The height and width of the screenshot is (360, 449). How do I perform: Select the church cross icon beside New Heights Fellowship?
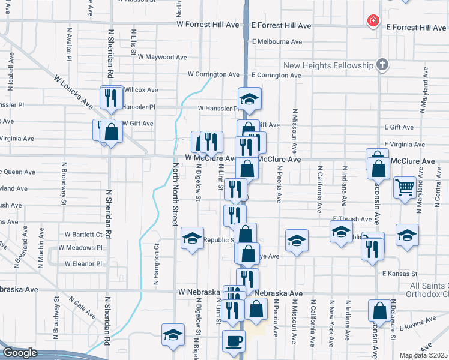pyautogui.click(x=381, y=65)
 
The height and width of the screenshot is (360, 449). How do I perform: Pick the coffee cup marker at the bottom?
pyautogui.click(x=234, y=341)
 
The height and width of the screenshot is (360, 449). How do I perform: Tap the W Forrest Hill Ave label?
pyautogui.click(x=208, y=25)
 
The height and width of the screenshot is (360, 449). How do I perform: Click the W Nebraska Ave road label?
pyautogui.click(x=200, y=292)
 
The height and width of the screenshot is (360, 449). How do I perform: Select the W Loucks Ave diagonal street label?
pyautogui.click(x=73, y=92)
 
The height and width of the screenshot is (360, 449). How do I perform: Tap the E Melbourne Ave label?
pyautogui.click(x=277, y=42)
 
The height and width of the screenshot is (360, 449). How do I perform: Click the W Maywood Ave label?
pyautogui.click(x=163, y=57)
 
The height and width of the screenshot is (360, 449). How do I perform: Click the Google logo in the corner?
pyautogui.click(x=20, y=353)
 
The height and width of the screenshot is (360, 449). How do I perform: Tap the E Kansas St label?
pyautogui.click(x=399, y=273)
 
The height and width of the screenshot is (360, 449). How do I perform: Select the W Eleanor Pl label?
pyautogui.click(x=84, y=263)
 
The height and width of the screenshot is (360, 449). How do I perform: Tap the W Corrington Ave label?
pyautogui.click(x=213, y=74)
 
